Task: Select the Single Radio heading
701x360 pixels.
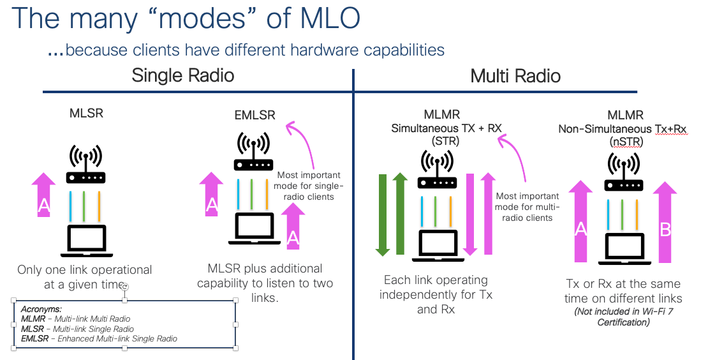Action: click(182, 75)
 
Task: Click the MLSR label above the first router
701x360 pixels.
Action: click(86, 114)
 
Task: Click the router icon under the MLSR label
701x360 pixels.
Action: click(86, 165)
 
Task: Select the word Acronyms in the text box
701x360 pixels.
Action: click(41, 308)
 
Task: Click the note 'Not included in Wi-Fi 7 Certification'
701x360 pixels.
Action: click(623, 317)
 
